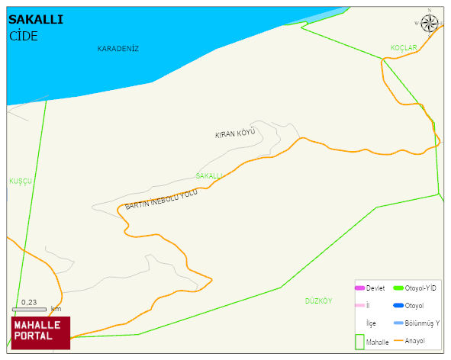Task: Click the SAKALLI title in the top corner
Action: (x=35, y=20)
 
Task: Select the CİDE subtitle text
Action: (x=24, y=36)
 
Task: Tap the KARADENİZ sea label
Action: (x=118, y=49)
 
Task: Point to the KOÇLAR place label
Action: (x=404, y=48)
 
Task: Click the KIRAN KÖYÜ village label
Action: (x=234, y=133)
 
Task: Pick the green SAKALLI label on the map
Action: (x=209, y=175)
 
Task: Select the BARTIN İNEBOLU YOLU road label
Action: (x=161, y=200)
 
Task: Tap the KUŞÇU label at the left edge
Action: (x=20, y=182)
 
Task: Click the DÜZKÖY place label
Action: (x=318, y=301)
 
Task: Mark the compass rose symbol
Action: (x=430, y=22)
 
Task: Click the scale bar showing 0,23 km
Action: (x=30, y=309)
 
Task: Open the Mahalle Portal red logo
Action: (x=40, y=333)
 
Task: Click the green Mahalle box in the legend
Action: (x=359, y=342)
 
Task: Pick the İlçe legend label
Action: (x=371, y=323)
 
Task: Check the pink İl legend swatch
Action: (x=359, y=306)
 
